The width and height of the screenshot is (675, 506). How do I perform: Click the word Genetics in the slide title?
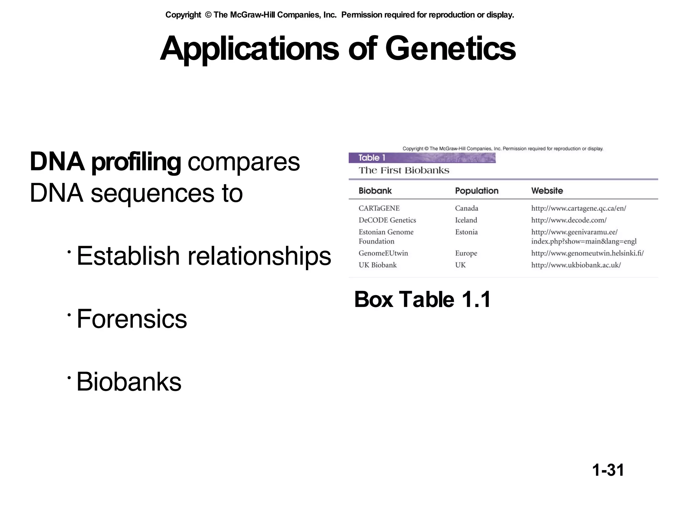pos(450,49)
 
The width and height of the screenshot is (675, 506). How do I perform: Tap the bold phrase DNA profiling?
pos(105,162)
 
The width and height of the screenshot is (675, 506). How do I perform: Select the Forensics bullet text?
pos(132,319)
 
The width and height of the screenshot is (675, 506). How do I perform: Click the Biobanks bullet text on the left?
pos(129,382)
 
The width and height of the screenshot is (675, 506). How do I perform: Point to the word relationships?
pos(259,256)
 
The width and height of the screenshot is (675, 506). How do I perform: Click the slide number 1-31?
pos(608,470)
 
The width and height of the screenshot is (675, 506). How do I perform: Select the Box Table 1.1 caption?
pos(422,299)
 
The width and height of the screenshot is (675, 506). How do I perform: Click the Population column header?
pos(477,191)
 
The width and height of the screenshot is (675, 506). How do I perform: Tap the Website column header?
pos(547,191)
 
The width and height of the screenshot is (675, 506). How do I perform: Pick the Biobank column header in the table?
pos(375,191)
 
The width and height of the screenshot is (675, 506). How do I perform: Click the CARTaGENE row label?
pos(379,208)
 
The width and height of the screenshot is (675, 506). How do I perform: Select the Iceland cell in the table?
pos(466,220)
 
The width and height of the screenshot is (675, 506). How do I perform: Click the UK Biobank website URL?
pos(576,265)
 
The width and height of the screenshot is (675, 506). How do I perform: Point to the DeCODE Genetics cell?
pos(387,220)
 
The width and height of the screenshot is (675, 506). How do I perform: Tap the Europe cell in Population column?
pos(466,253)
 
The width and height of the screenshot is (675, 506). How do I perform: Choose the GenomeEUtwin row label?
pos(383,253)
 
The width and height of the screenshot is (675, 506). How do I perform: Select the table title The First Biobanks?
pos(404,170)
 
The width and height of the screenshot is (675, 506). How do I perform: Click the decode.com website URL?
pos(569,220)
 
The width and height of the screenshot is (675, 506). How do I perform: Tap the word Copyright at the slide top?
pos(183,15)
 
